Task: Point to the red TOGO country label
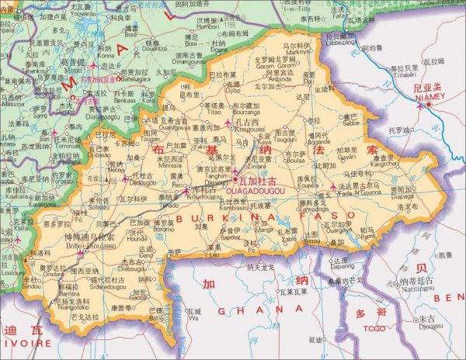click(x=374, y=328)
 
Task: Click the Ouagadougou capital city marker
click(x=233, y=181)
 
